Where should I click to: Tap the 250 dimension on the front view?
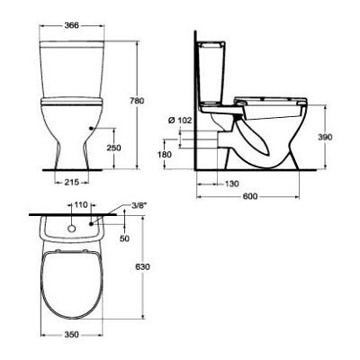point(113,148)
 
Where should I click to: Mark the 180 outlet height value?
point(165,154)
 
